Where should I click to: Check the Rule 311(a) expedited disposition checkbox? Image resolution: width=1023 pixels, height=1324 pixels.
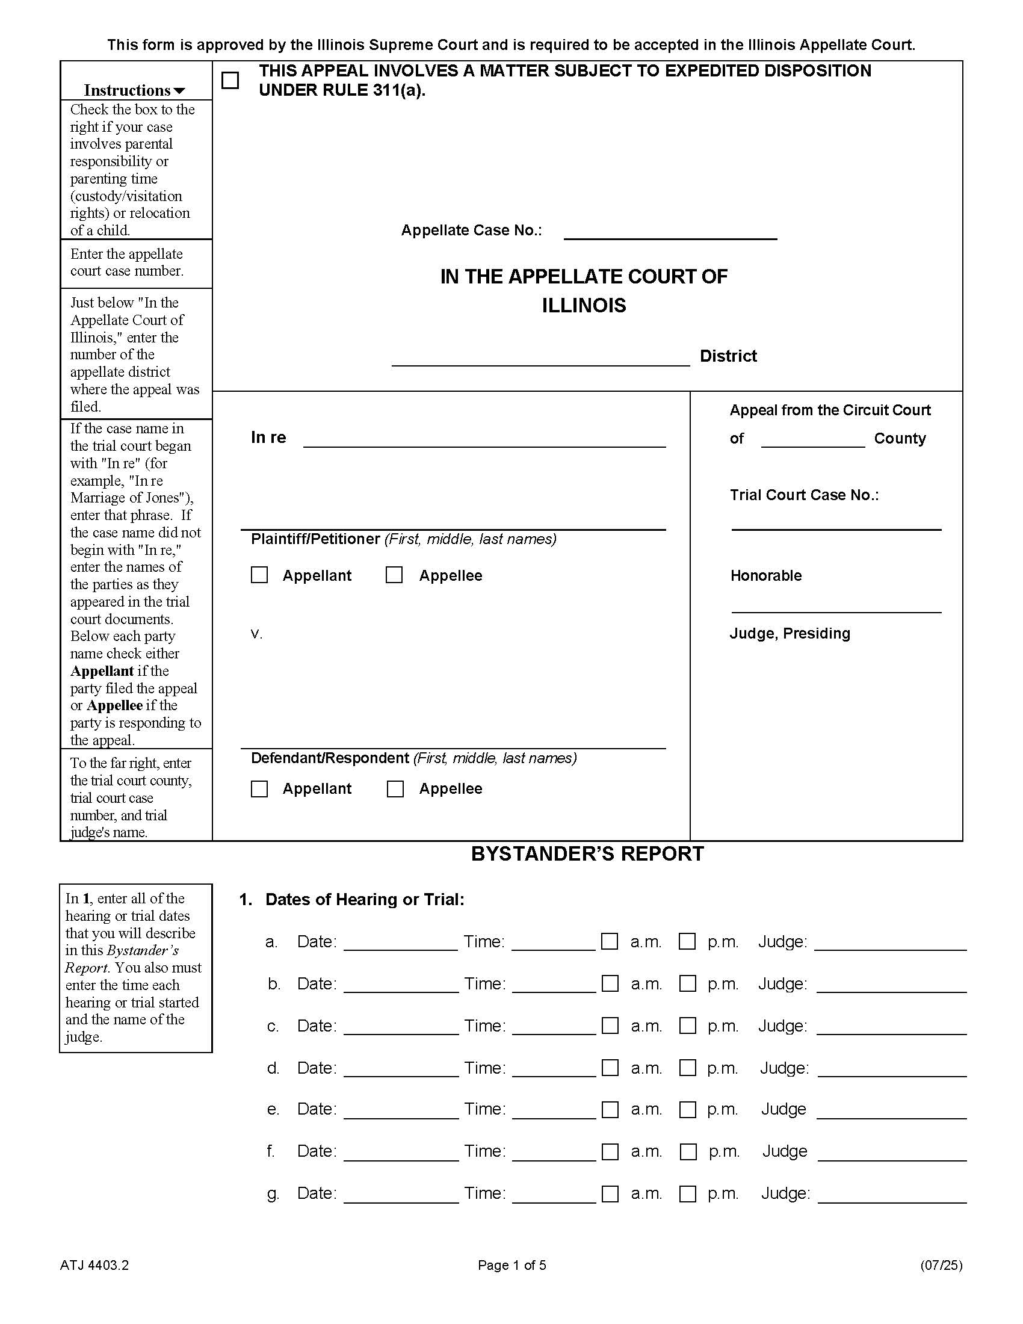[x=230, y=81]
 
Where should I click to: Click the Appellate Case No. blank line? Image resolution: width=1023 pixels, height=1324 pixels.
[x=670, y=232]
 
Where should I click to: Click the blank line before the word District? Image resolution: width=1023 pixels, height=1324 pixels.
[x=540, y=358]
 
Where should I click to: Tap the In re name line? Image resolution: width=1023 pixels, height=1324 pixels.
[x=484, y=439]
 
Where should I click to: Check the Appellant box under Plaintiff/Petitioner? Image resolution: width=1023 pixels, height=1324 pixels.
[x=259, y=575]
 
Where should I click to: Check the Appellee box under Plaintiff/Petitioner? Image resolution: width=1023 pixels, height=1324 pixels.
[x=395, y=575]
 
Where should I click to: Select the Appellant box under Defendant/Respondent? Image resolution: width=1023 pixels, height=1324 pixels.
[x=259, y=789]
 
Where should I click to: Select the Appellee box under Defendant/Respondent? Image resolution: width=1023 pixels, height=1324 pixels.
[x=395, y=789]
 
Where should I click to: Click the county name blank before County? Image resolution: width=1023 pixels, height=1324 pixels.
[x=812, y=440]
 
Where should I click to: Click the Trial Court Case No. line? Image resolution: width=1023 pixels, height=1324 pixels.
[x=836, y=522]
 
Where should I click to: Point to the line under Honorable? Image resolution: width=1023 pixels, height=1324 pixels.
[x=836, y=605]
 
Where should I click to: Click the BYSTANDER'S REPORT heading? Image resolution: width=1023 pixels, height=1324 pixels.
[x=587, y=853]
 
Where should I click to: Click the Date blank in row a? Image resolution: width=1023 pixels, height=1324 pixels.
[x=400, y=942]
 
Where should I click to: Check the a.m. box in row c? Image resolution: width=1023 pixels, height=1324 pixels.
[x=610, y=1025]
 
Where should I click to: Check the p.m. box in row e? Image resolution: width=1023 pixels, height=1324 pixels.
[x=688, y=1109]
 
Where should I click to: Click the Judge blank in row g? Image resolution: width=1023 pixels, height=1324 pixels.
[x=892, y=1194]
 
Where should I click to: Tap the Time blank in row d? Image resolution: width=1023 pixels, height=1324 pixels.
[x=554, y=1069]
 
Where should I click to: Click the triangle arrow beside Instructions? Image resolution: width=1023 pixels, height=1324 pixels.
[x=179, y=91]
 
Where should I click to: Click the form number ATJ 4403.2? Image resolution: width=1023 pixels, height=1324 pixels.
[x=94, y=1265]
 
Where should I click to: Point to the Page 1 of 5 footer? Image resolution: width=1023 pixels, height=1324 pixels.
[x=512, y=1265]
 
